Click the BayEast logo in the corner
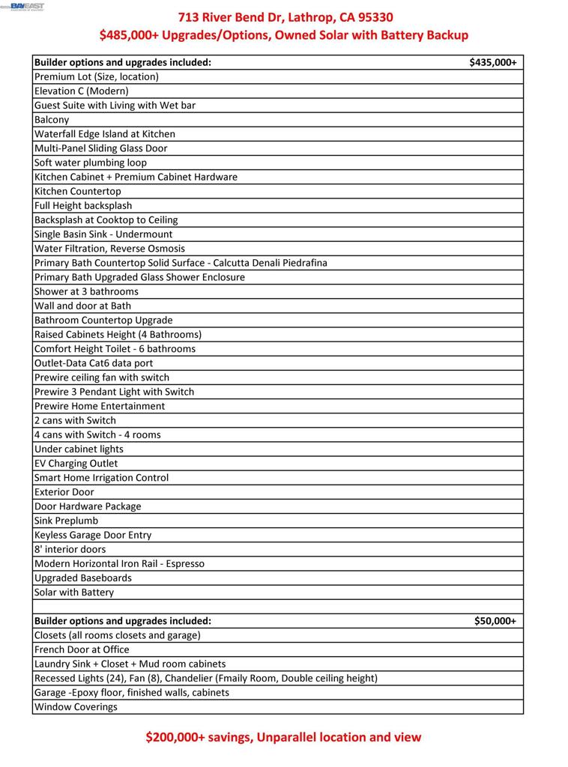tap(26, 7)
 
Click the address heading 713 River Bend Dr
tap(285, 17)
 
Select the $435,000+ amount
tap(492, 62)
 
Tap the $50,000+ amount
tap(495, 621)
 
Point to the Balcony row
tap(52, 120)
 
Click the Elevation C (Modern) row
tap(82, 91)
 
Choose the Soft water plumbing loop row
tap(91, 163)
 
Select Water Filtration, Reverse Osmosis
tap(109, 249)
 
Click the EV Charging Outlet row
tap(76, 464)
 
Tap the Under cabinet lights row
tap(79, 449)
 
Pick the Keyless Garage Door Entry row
tap(93, 535)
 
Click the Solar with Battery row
tap(74, 592)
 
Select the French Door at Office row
tap(82, 649)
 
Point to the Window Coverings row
tap(76, 706)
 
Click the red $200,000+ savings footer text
tap(283, 737)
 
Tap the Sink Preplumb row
tap(66, 521)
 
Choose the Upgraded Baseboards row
tap(83, 578)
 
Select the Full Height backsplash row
tap(83, 206)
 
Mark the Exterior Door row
tap(64, 492)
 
